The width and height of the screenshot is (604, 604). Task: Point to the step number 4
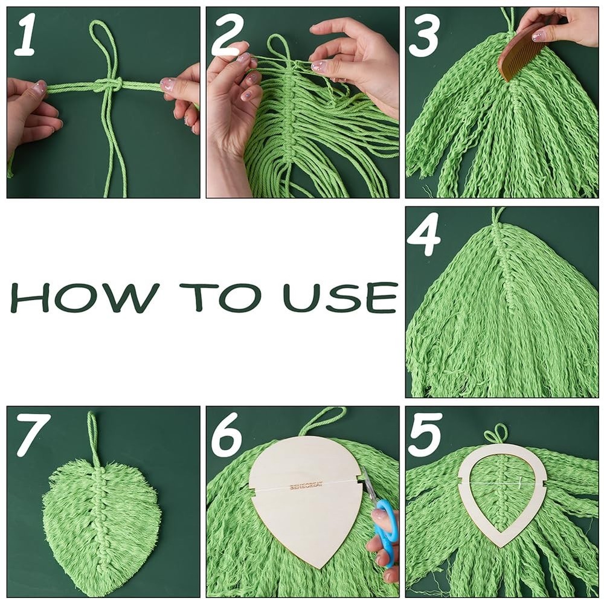pyautogui.click(x=424, y=237)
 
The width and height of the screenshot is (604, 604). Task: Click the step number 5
pyautogui.click(x=425, y=436)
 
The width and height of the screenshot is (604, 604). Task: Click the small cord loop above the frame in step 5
pyautogui.click(x=496, y=434)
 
